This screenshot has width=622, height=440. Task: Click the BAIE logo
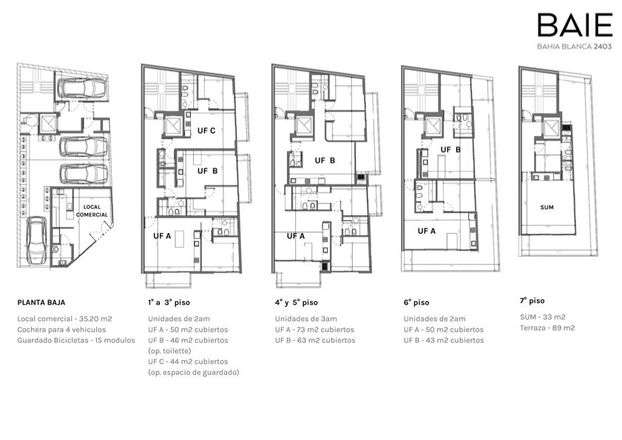575,24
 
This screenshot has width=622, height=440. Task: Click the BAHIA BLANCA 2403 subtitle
575,47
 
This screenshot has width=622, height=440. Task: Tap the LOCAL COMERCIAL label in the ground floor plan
92,211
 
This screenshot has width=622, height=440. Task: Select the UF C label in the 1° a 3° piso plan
206,131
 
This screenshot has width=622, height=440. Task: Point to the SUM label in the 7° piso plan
547,207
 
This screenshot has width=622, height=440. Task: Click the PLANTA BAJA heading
41,302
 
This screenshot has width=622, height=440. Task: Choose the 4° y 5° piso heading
297,302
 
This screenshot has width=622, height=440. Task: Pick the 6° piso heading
416,302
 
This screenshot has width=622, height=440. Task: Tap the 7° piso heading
532,301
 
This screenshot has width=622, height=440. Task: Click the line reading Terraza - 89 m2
547,328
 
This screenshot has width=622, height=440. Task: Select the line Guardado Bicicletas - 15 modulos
76,340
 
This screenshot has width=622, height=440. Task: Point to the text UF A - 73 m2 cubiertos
314,329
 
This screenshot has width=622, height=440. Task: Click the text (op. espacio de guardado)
194,373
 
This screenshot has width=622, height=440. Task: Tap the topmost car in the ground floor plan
83,88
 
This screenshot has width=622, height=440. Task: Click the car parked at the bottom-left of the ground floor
37,241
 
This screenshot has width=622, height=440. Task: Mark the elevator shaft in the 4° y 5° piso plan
303,127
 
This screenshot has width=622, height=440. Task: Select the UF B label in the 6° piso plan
450,149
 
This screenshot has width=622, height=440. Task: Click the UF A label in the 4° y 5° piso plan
296,236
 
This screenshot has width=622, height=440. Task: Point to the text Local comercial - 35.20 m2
64,319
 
